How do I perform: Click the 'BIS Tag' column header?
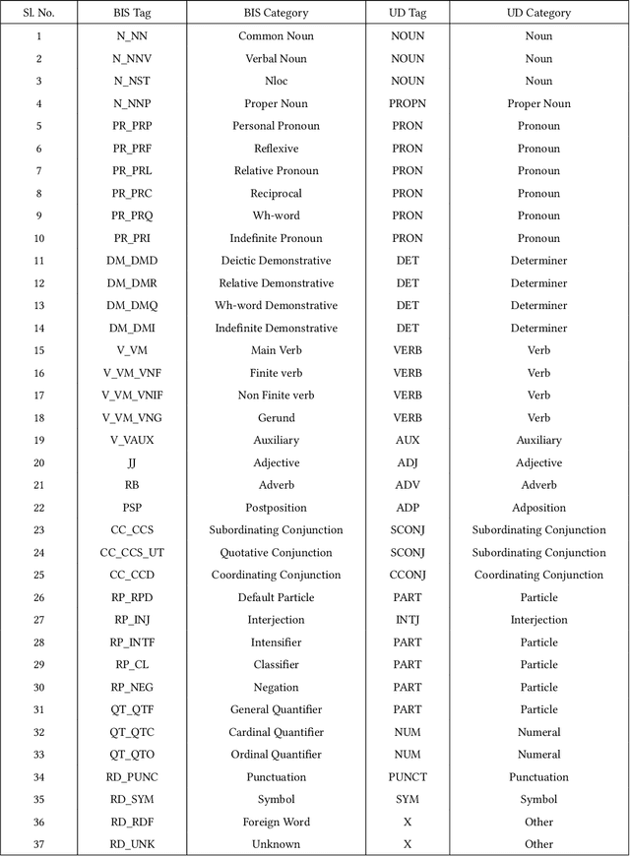(132, 13)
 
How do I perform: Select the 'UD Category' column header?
(538, 13)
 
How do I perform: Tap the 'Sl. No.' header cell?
(38, 13)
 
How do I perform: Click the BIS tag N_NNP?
(132, 103)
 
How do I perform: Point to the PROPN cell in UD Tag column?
(408, 103)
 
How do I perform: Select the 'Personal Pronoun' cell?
(276, 126)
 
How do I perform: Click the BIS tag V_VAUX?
(132, 440)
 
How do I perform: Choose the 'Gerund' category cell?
(276, 418)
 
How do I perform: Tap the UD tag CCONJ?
(408, 575)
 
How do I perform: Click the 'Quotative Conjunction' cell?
(276, 553)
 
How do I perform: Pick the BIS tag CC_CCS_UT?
(132, 553)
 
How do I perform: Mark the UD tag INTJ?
(408, 620)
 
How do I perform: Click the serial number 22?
(38, 508)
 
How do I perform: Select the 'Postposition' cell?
(276, 508)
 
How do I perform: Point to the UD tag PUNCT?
(408, 777)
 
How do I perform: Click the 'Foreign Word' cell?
(276, 822)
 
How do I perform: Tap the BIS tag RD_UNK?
(132, 844)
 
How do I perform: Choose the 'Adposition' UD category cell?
(538, 508)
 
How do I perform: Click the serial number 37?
(38, 844)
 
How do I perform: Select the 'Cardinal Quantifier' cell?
(276, 732)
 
